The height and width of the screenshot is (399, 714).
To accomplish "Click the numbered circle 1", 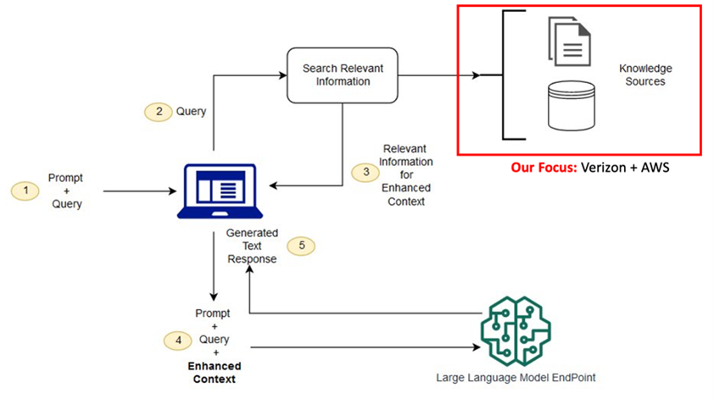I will (25, 191).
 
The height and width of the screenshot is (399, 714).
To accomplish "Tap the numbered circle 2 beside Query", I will (158, 111).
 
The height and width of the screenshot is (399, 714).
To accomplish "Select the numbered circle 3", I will (365, 172).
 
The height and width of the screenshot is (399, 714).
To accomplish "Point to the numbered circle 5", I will (302, 246).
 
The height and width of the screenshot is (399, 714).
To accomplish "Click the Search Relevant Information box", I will (342, 75).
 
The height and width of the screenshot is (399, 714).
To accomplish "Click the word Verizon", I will (605, 168).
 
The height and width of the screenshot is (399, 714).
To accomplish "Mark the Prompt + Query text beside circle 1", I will (65, 191).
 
